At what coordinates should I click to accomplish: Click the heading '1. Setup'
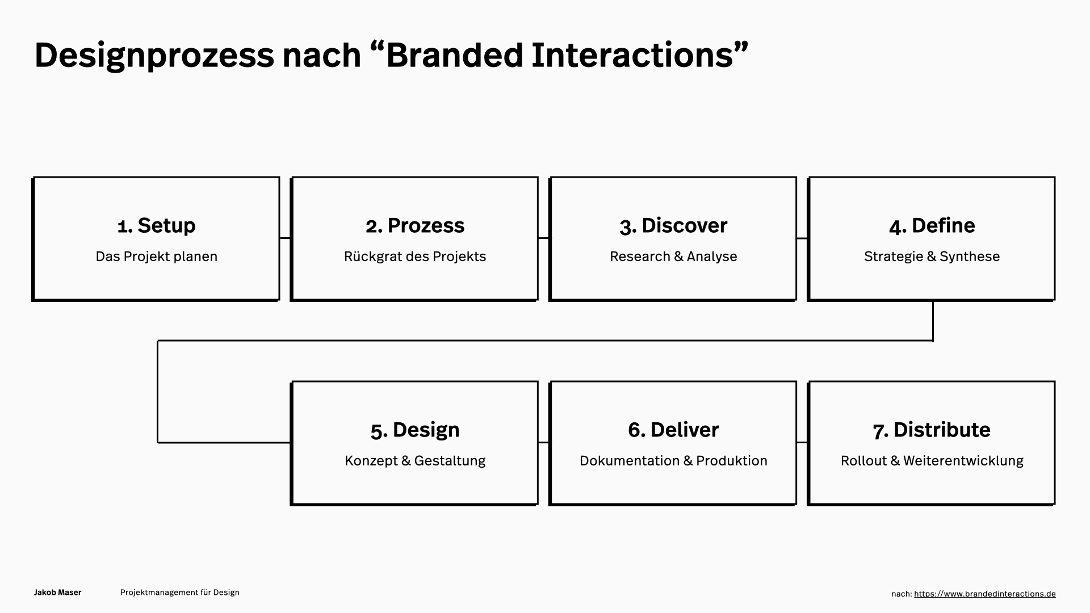pos(156,225)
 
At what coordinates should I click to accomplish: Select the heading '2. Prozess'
pos(415,225)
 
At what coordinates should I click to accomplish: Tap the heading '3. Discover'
pos(673,225)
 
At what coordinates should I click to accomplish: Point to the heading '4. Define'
pos(932,225)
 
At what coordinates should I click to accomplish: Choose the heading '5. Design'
pos(415,430)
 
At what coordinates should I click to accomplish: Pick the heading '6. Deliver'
pos(673,430)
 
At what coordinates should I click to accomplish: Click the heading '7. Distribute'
pos(932,430)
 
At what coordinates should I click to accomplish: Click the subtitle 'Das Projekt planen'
pos(157,257)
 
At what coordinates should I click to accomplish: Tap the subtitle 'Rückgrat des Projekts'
pos(415,257)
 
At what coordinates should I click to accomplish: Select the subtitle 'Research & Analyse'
pos(673,257)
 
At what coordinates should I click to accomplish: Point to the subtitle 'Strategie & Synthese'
pos(932,257)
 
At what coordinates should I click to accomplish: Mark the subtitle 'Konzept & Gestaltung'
pos(415,461)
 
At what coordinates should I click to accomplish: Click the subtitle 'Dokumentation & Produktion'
pos(673,460)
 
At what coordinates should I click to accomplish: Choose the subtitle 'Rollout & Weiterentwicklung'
pos(932,461)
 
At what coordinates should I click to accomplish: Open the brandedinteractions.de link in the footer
pos(985,594)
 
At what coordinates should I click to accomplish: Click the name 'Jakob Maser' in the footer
pos(58,593)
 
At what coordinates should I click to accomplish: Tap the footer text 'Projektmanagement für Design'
pos(180,593)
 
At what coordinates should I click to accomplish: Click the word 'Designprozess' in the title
pos(154,56)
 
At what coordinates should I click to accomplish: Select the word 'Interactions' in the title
pos(631,55)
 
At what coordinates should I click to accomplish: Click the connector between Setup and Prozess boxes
pos(285,238)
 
